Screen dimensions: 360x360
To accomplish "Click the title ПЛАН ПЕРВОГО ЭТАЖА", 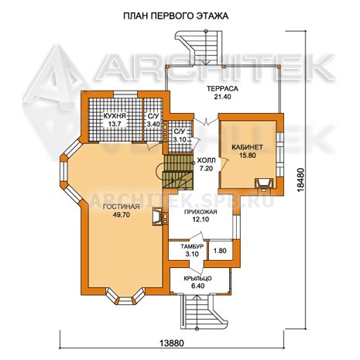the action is (x=176, y=16).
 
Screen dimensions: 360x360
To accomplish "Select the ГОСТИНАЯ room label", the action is (x=122, y=207).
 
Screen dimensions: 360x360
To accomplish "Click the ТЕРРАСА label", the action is (x=222, y=89).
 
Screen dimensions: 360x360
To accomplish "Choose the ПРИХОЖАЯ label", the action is (x=201, y=212).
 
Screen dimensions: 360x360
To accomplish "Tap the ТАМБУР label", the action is (x=192, y=246).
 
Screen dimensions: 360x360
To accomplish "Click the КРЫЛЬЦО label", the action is (x=198, y=279).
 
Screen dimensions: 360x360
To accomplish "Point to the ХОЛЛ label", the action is (x=206, y=161).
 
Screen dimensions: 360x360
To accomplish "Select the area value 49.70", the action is (x=122, y=214).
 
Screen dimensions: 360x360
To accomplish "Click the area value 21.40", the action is (x=222, y=97).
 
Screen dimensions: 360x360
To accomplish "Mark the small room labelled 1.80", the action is (x=220, y=251).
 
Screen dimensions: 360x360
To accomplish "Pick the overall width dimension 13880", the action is (x=172, y=343).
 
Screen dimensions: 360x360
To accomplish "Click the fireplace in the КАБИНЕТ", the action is (x=263, y=184).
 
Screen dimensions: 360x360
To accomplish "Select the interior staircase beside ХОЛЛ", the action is (x=178, y=172).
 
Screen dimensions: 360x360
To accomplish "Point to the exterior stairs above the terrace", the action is (x=199, y=48).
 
